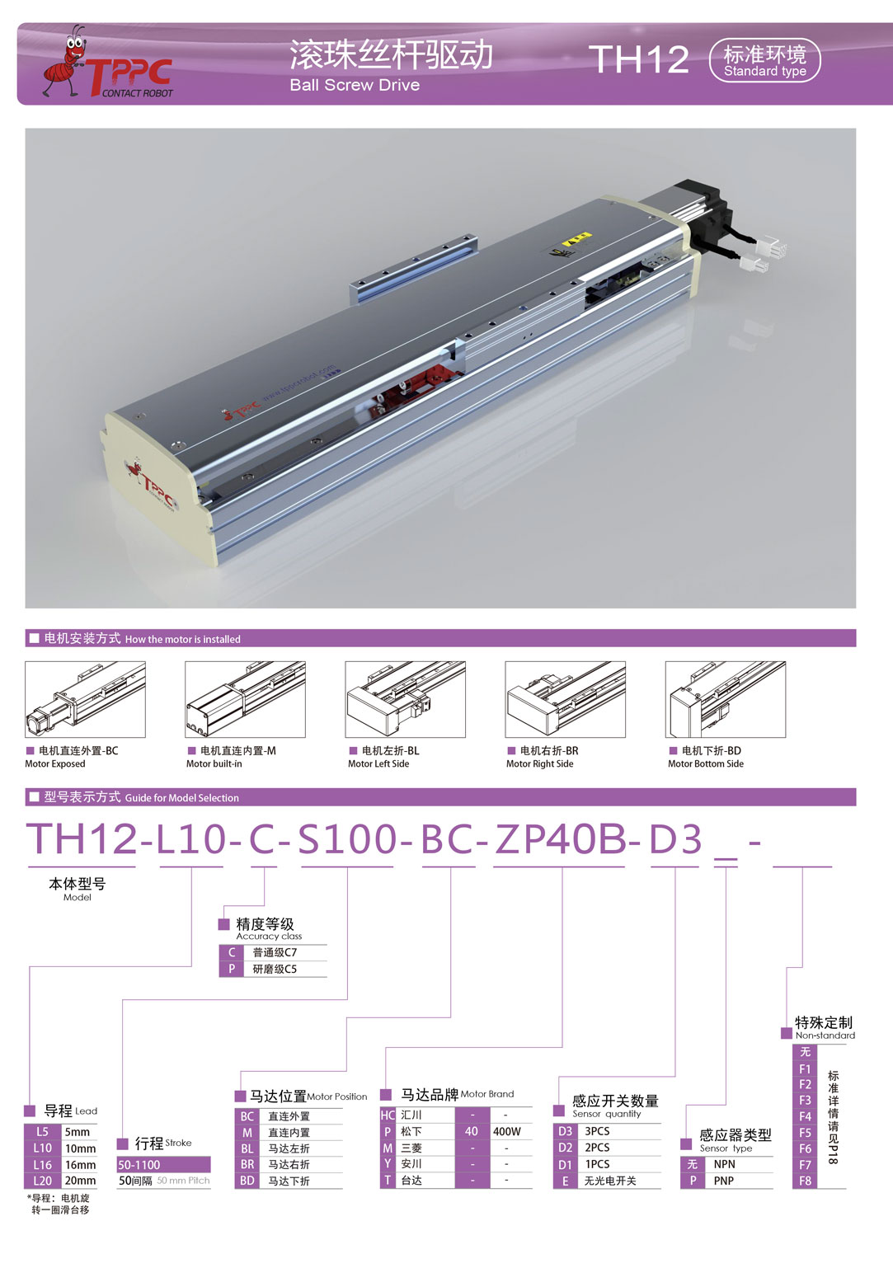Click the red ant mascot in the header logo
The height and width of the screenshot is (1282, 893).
(65, 62)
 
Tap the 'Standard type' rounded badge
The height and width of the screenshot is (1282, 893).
(764, 61)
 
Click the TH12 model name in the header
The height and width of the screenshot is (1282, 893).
(639, 59)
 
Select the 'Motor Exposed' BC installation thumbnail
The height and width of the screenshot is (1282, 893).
(85, 699)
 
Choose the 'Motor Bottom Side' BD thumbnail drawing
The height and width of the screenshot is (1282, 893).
(726, 699)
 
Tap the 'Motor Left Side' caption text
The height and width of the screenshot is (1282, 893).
(378, 763)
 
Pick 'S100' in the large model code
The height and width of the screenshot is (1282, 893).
(347, 839)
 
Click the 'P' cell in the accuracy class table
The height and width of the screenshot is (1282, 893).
(232, 969)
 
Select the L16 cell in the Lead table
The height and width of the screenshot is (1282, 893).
(42, 1165)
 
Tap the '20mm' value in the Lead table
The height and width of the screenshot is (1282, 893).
(80, 1181)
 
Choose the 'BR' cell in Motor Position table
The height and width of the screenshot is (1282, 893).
(247, 1165)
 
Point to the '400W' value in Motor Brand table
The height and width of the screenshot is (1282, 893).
(507, 1131)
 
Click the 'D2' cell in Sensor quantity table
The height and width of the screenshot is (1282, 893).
(566, 1148)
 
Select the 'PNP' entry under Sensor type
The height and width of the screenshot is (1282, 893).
(724, 1181)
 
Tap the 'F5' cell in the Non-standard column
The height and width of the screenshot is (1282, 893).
(806, 1133)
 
